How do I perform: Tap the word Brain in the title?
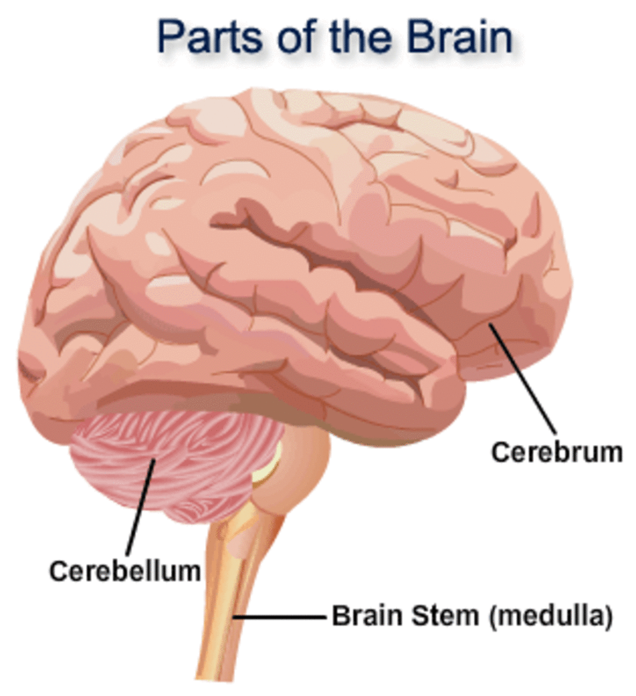click(x=459, y=38)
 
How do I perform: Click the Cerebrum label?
click(x=556, y=452)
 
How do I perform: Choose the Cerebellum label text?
click(x=125, y=571)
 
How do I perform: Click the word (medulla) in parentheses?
click(x=550, y=617)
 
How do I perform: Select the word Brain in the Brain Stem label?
click(x=368, y=616)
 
